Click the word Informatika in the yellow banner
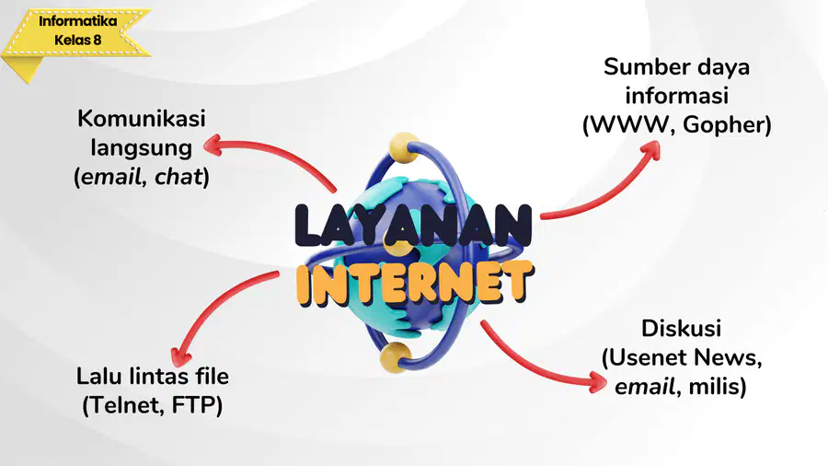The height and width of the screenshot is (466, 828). [x=77, y=22]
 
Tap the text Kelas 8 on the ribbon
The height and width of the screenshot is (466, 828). [x=77, y=41]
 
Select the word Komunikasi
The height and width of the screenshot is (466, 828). [x=142, y=119]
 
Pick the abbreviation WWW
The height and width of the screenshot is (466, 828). [x=630, y=124]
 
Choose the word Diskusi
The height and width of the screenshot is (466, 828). [x=681, y=329]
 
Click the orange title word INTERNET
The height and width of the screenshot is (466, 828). [x=415, y=284]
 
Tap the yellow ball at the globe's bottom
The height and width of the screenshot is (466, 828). [x=395, y=356]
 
